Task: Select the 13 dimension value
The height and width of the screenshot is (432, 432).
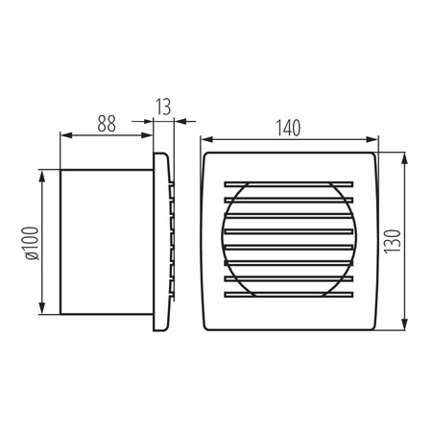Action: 164,105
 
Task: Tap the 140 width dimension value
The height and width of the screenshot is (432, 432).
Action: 289,125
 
